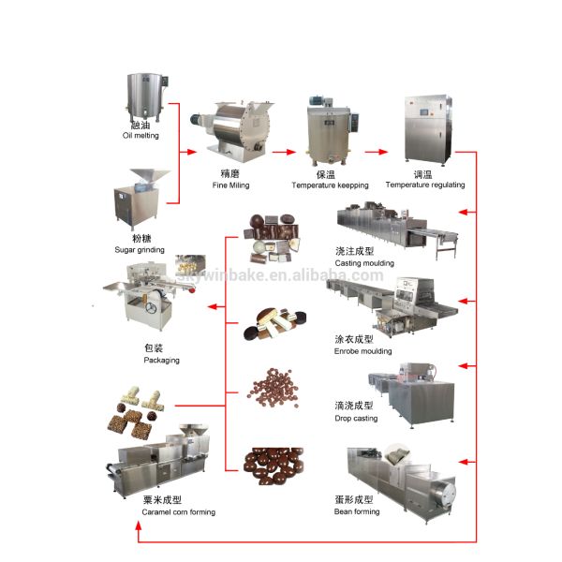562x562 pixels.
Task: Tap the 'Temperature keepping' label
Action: (329, 185)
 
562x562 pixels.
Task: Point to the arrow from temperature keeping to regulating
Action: (377, 150)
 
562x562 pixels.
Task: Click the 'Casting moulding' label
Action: (364, 263)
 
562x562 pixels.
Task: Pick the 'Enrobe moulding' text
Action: (363, 349)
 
